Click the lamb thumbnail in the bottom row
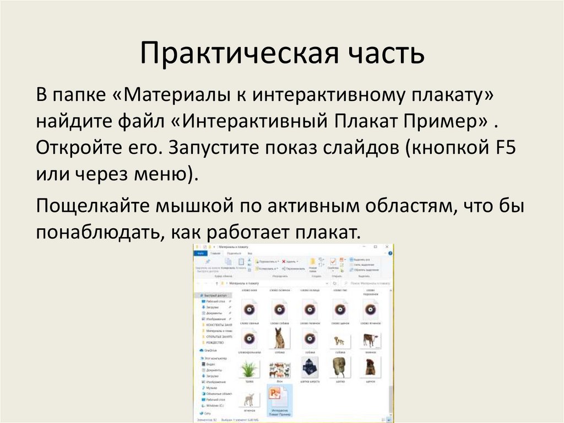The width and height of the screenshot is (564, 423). pos(248,398)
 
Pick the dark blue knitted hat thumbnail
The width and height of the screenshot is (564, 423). pos(309,367)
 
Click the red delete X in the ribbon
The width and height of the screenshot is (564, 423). pos(284,261)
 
